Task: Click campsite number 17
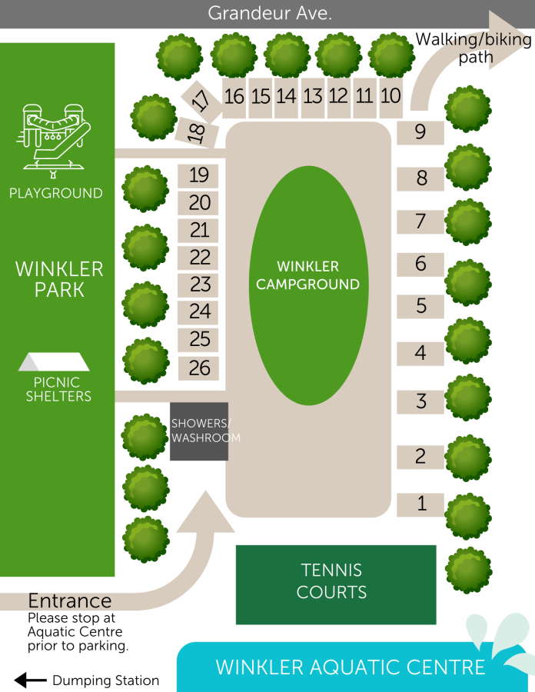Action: point(200,99)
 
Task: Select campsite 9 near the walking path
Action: point(420,132)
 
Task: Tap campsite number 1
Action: point(420,504)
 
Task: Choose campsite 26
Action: point(200,368)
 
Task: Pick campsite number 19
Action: point(199,175)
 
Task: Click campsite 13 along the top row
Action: point(313,97)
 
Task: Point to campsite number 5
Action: point(420,306)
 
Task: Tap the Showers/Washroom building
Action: point(199,431)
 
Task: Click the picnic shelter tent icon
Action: point(54,361)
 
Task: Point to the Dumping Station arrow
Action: point(31,680)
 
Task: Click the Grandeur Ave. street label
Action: point(270,14)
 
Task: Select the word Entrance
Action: point(70,601)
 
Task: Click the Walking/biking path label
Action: point(474,48)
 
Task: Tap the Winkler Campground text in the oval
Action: point(307,275)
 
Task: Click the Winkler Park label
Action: point(59,279)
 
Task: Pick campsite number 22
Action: point(200,257)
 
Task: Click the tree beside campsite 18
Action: point(154,118)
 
